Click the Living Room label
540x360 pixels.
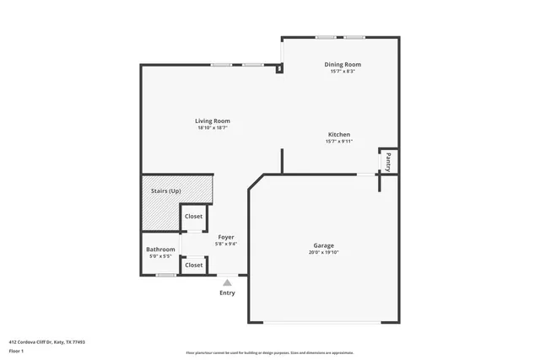click(x=213, y=121)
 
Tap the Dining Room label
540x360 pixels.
click(x=343, y=64)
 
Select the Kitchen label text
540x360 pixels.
click(x=338, y=134)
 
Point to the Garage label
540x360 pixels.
click(x=323, y=244)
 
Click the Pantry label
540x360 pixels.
click(x=388, y=160)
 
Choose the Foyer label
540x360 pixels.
click(x=226, y=237)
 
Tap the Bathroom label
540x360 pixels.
click(x=160, y=249)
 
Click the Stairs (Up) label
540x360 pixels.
click(x=165, y=191)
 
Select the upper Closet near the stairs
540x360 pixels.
click(x=193, y=217)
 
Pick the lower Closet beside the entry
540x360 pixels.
click(x=193, y=265)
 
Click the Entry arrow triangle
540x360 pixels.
click(x=227, y=282)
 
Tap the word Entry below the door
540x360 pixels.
click(x=227, y=293)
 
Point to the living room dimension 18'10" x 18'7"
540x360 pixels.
click(x=213, y=127)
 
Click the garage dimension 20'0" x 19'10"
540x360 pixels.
click(x=323, y=251)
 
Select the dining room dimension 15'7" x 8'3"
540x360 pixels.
click(x=343, y=71)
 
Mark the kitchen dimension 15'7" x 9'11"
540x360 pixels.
click(x=338, y=141)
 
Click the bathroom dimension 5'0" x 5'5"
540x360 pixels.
click(x=160, y=255)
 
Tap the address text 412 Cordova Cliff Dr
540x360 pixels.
click(x=47, y=341)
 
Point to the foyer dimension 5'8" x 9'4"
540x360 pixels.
click(x=226, y=244)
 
